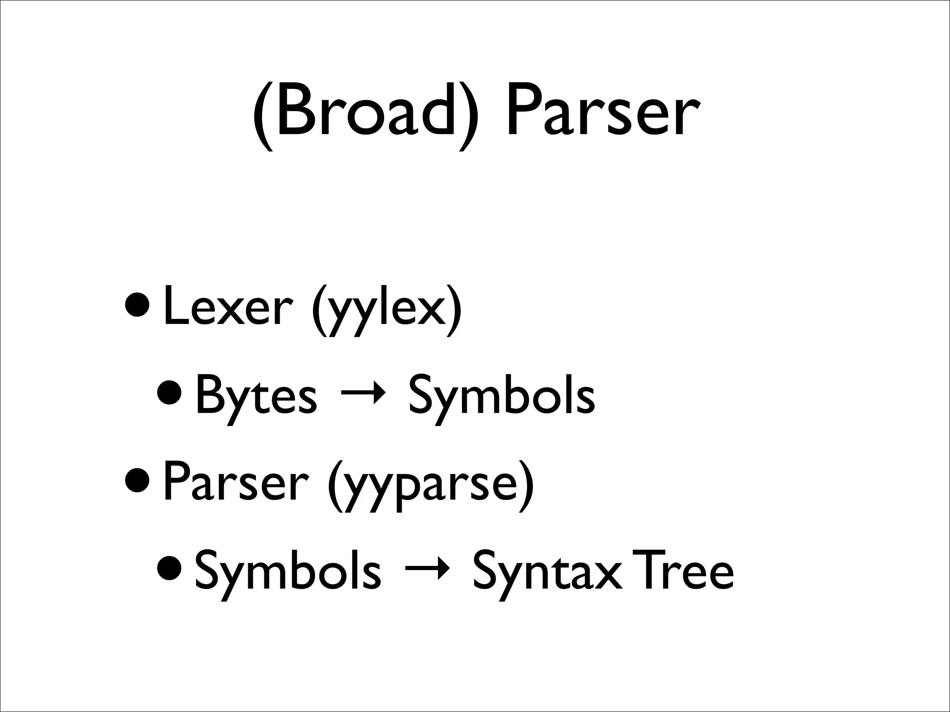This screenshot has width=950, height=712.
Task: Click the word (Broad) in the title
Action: coord(365,114)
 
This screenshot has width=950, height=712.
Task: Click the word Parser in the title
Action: coord(602,114)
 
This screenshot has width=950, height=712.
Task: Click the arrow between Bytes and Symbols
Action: coord(363,395)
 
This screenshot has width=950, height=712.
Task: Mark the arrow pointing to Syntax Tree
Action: coord(426,570)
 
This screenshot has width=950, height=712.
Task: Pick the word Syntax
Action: coord(546,573)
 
